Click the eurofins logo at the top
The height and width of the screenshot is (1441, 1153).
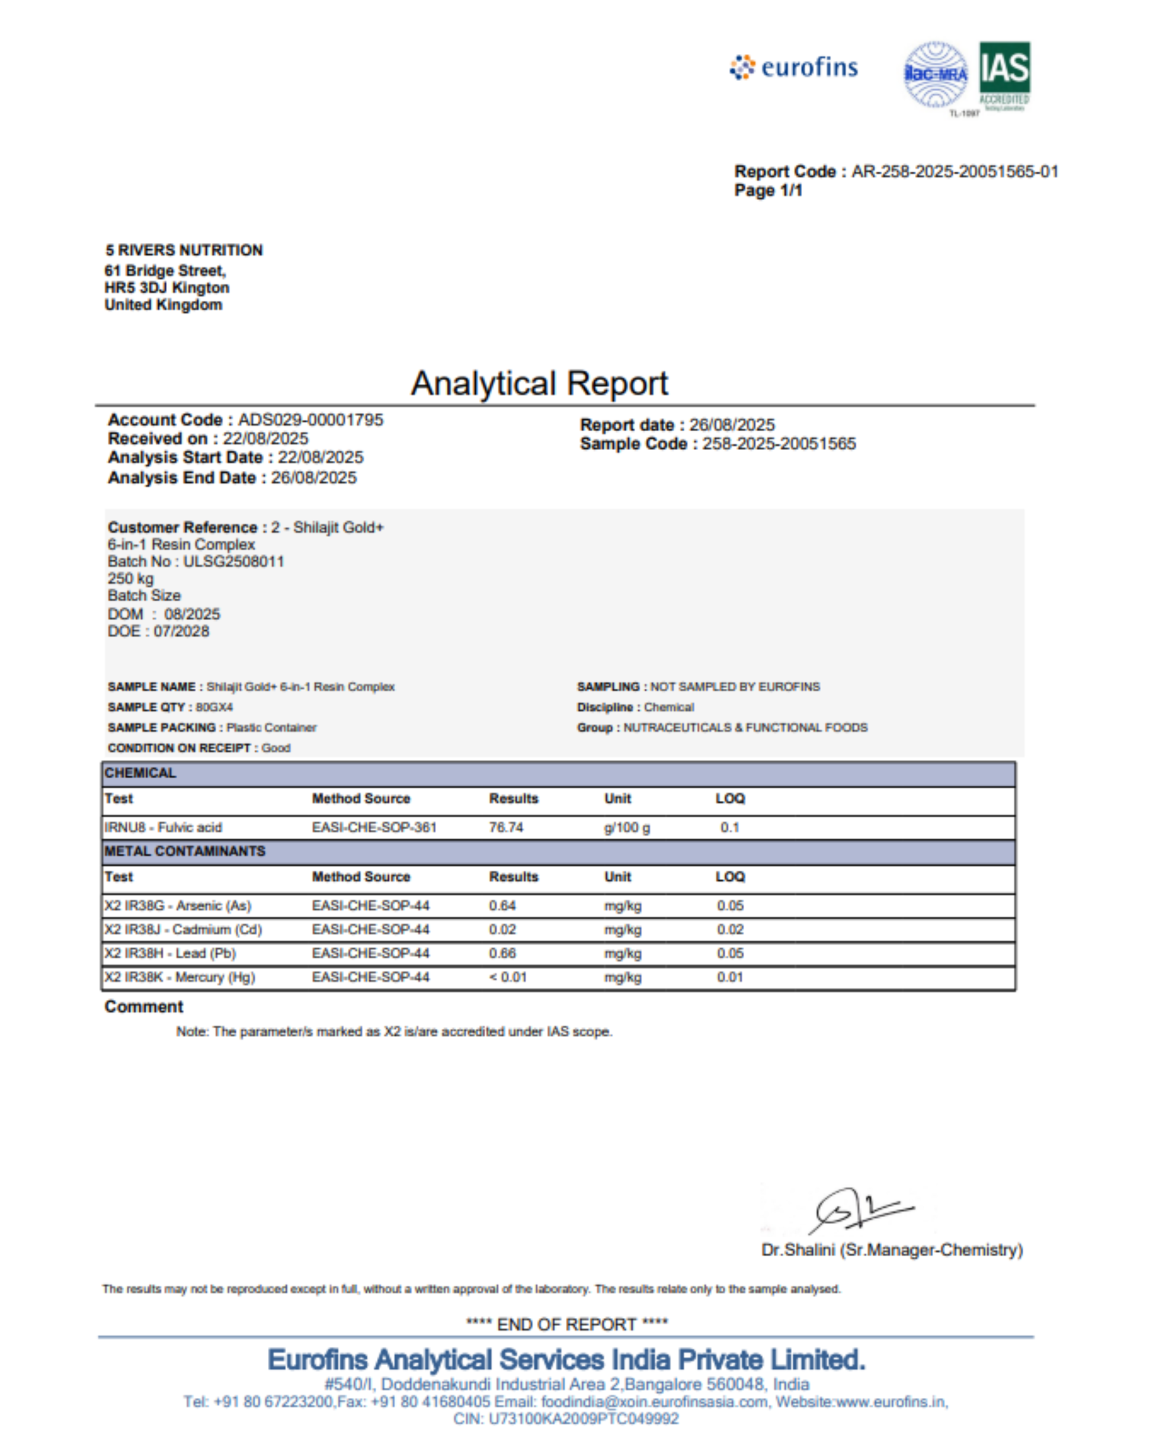pyautogui.click(x=793, y=68)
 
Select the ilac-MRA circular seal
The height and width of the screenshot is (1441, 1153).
pyautogui.click(x=935, y=74)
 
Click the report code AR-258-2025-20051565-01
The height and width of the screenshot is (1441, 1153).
pyautogui.click(x=955, y=172)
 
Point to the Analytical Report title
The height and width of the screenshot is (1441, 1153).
pyautogui.click(x=539, y=384)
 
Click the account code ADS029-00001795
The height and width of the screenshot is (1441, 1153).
pyautogui.click(x=310, y=420)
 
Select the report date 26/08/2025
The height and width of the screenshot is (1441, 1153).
pyautogui.click(x=732, y=425)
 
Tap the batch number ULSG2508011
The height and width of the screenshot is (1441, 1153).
pyautogui.click(x=233, y=561)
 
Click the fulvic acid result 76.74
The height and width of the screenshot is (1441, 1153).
pyautogui.click(x=505, y=827)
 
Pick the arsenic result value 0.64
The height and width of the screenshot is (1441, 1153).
pyautogui.click(x=502, y=906)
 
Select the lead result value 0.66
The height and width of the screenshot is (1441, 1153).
pyautogui.click(x=502, y=953)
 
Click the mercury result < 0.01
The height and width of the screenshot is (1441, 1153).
pyautogui.click(x=508, y=977)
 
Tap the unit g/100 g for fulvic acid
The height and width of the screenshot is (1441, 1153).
pyautogui.click(x=627, y=827)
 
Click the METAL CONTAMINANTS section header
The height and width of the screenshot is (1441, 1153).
pyautogui.click(x=185, y=851)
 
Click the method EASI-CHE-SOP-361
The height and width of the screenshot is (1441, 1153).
pyautogui.click(x=374, y=827)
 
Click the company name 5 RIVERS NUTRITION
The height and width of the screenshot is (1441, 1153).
pyautogui.click(x=184, y=250)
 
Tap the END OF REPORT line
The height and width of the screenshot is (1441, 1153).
pyautogui.click(x=566, y=1324)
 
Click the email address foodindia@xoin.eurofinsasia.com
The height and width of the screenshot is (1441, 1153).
pyautogui.click(x=654, y=1401)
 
